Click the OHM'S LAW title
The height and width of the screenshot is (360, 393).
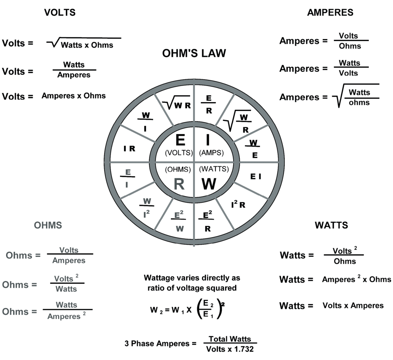click(x=194, y=53)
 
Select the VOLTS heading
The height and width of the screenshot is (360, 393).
click(x=60, y=12)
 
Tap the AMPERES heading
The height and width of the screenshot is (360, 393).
click(x=330, y=12)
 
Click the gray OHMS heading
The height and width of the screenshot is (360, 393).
click(x=48, y=225)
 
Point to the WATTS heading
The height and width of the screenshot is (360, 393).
click(x=331, y=225)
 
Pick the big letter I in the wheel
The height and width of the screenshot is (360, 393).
click(x=208, y=140)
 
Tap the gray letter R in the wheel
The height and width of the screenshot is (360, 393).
click(x=179, y=184)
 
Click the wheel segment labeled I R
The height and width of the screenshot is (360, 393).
click(x=129, y=149)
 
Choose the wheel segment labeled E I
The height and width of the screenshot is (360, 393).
click(x=255, y=176)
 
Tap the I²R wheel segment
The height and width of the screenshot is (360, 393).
click(x=238, y=205)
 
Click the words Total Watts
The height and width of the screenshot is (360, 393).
click(x=230, y=339)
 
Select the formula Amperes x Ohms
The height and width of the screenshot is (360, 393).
click(x=73, y=96)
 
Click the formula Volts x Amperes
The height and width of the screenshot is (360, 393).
click(x=353, y=306)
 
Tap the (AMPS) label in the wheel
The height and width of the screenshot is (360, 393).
click(x=211, y=153)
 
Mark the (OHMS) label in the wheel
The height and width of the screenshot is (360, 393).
click(x=178, y=169)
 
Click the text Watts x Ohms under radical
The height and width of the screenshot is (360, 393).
click(x=87, y=45)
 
